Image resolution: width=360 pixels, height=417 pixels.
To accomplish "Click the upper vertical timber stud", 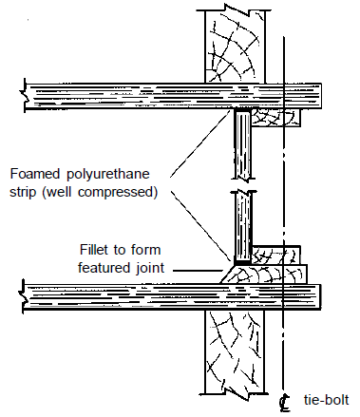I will click(237, 43).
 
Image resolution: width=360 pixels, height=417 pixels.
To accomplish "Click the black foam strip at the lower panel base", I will click(243, 257).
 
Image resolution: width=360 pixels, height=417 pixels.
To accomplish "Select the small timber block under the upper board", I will click(276, 117).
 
